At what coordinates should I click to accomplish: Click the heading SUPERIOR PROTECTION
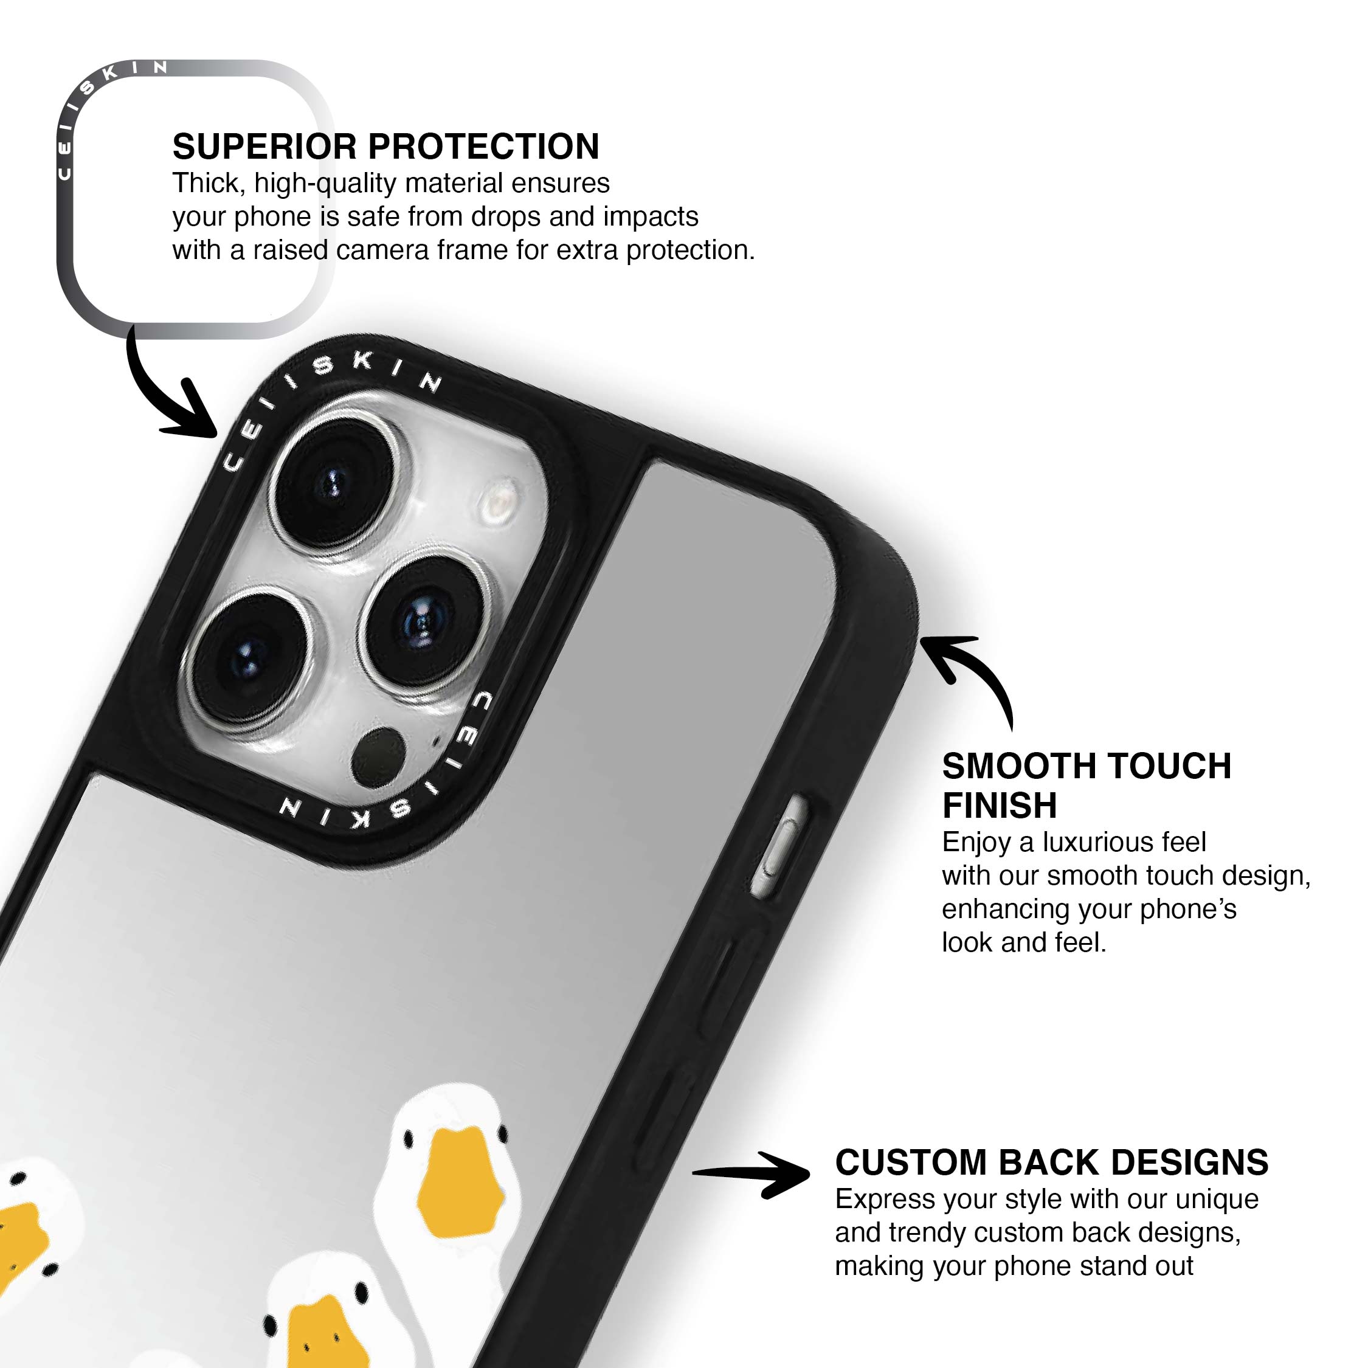pos(386,147)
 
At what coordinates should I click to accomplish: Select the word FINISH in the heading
pos(999,805)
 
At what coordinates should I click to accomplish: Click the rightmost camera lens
pos(423,623)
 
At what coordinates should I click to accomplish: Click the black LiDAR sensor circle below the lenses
pos(379,757)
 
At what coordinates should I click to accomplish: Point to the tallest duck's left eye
pos(409,1139)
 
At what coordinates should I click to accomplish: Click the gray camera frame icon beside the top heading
pos(195,199)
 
